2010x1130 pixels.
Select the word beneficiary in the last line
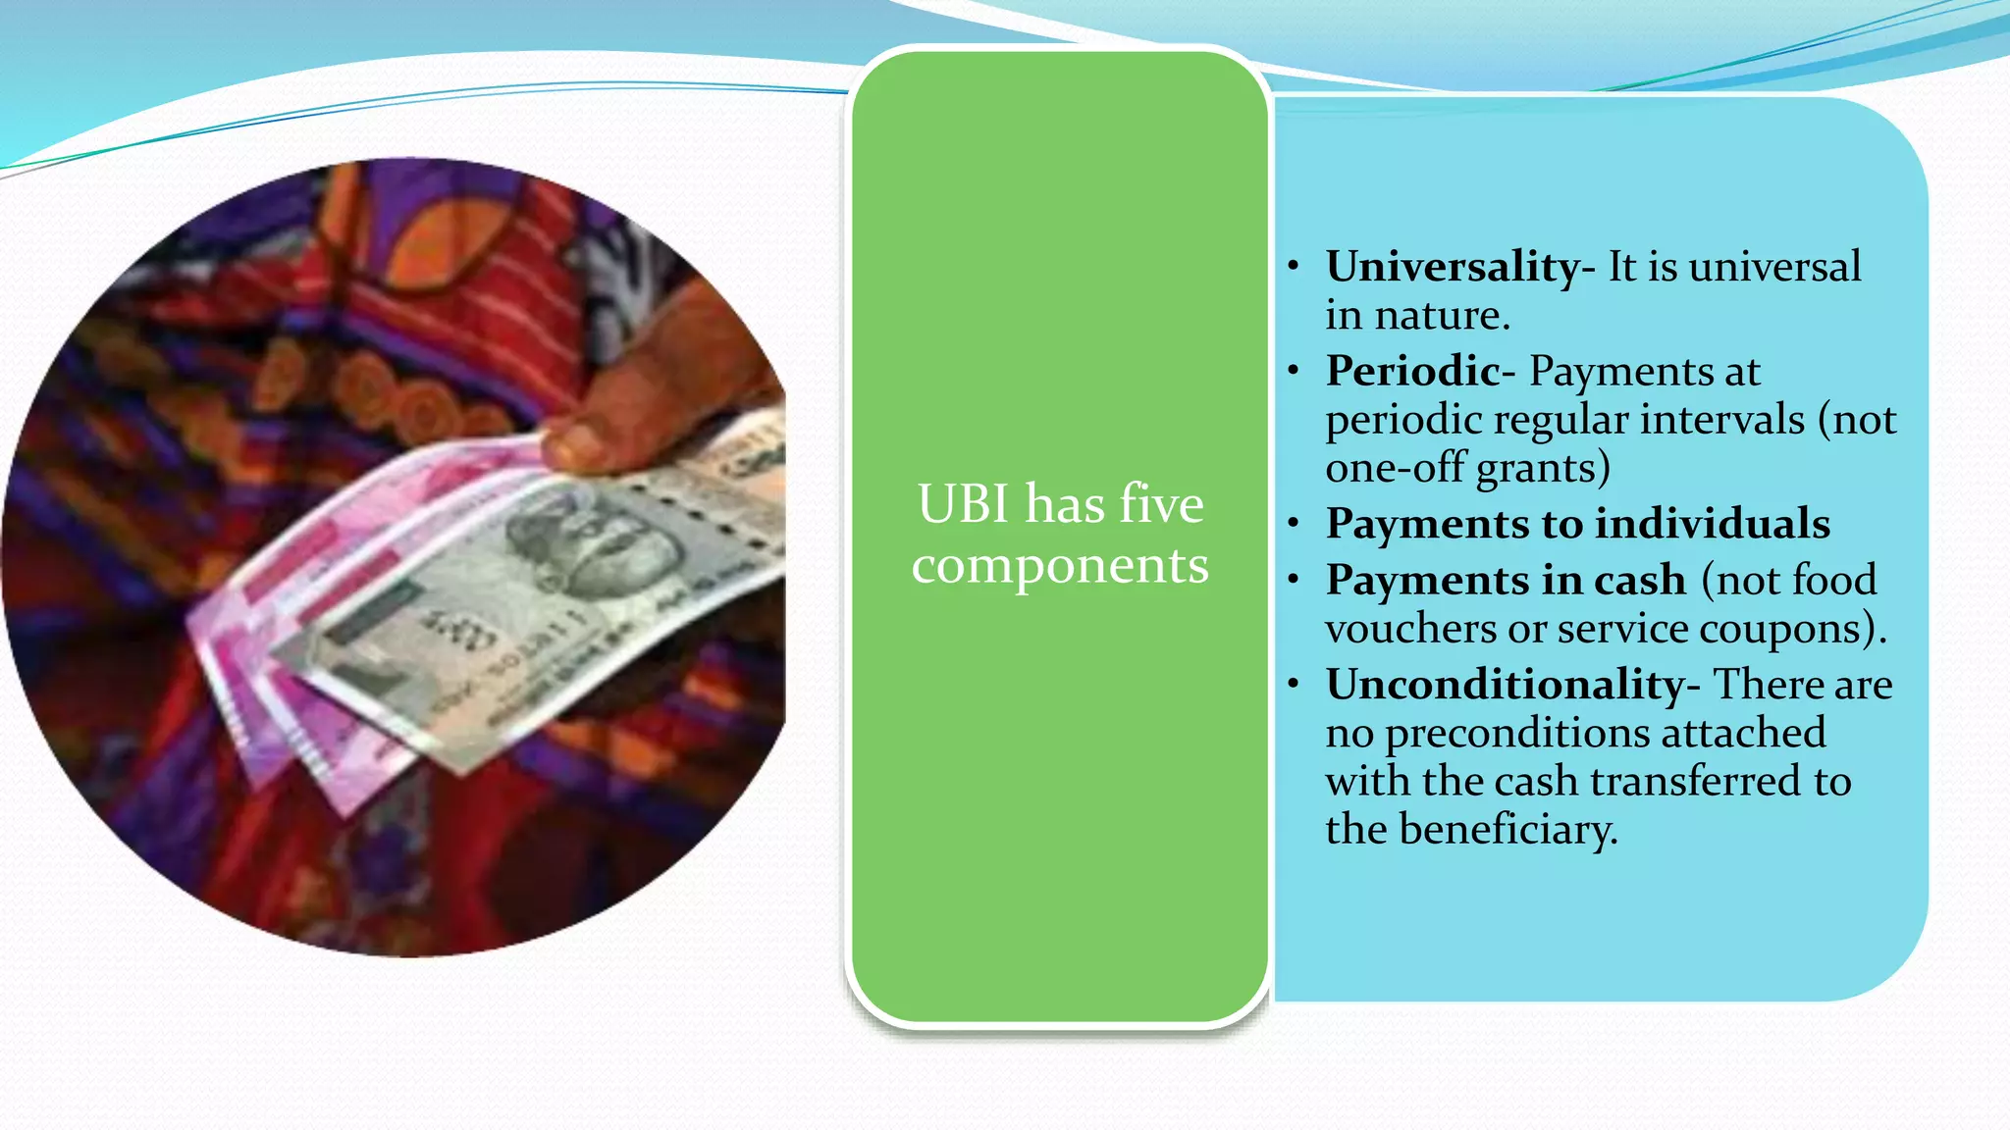click(1507, 831)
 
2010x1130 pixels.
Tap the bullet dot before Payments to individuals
click(1295, 524)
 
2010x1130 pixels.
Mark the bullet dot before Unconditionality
click(1295, 685)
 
